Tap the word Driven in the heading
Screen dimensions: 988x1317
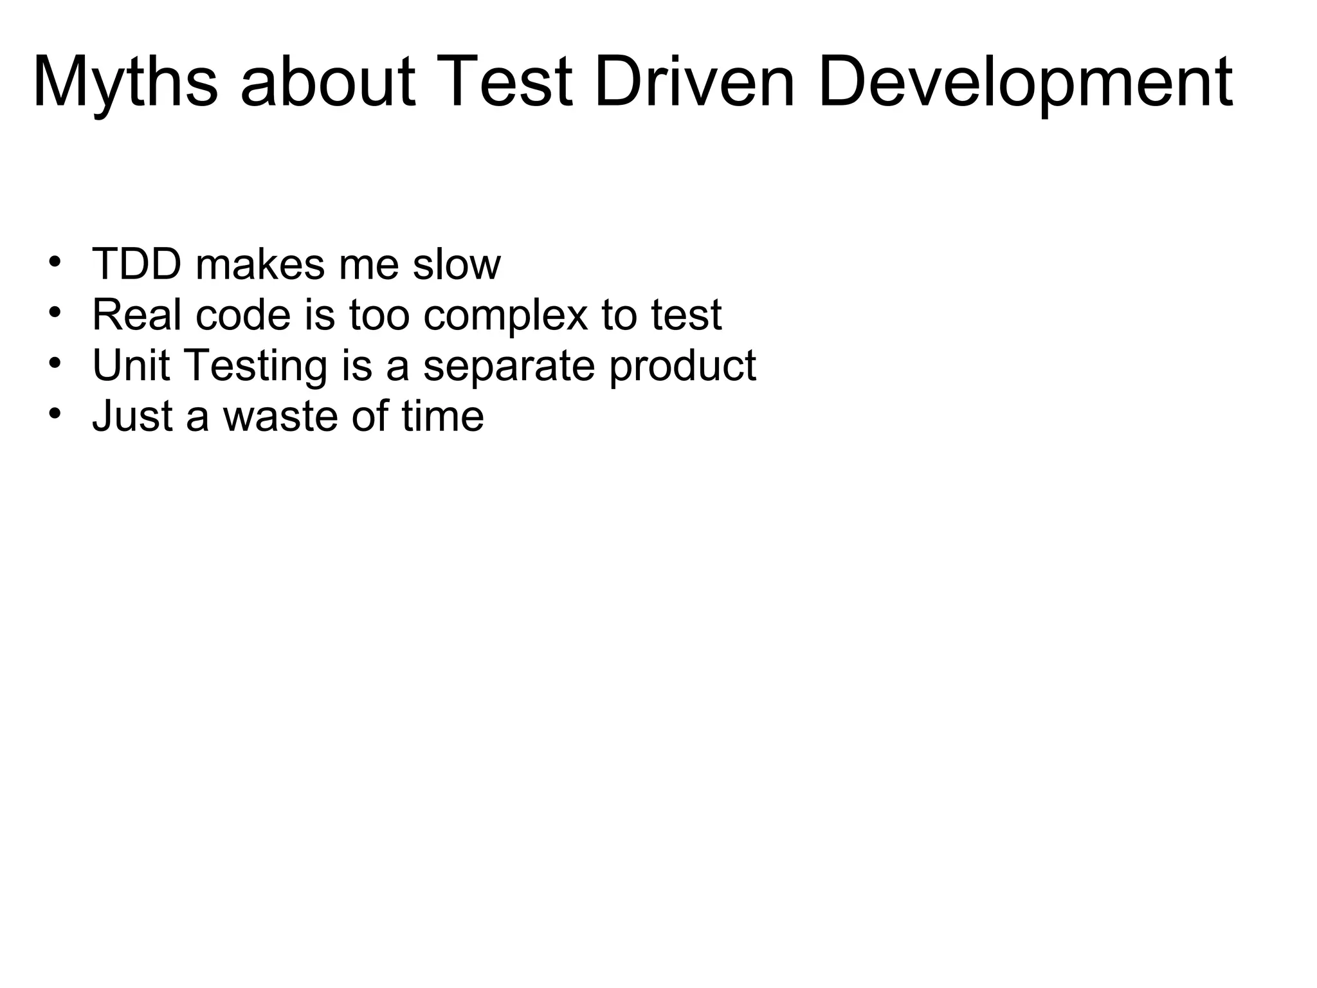coord(695,82)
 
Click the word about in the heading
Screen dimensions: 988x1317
coord(328,82)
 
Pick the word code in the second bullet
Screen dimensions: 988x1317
coord(244,315)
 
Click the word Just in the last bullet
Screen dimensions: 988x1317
coord(132,416)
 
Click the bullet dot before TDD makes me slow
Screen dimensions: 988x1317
coord(55,262)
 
